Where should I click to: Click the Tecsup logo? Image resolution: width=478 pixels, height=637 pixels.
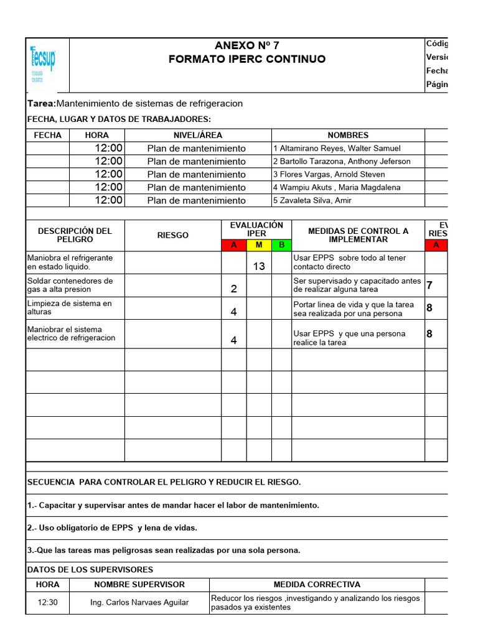pyautogui.click(x=42, y=63)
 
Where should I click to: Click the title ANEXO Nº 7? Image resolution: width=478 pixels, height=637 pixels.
pyautogui.click(x=247, y=45)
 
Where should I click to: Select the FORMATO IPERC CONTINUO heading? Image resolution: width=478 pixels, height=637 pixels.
pyautogui.click(x=247, y=59)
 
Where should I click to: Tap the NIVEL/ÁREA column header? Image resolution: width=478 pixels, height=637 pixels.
pyautogui.click(x=197, y=135)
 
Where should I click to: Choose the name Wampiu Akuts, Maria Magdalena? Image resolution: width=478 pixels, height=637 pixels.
pyautogui.click(x=337, y=187)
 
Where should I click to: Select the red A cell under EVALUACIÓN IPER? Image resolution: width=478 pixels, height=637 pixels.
pyautogui.click(x=234, y=245)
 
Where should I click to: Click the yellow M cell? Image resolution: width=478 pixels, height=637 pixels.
pyautogui.click(x=259, y=245)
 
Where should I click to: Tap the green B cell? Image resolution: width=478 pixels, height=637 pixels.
pyautogui.click(x=281, y=245)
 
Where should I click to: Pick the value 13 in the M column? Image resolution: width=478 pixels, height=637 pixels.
pyautogui.click(x=259, y=266)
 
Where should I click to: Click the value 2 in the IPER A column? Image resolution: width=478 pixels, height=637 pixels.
pyautogui.click(x=234, y=289)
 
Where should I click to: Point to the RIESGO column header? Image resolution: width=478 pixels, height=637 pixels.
pyautogui.click(x=173, y=235)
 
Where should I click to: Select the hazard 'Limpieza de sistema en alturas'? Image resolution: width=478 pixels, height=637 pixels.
pyautogui.click(x=70, y=308)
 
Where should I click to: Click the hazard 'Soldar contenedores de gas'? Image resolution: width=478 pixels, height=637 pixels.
pyautogui.click(x=70, y=285)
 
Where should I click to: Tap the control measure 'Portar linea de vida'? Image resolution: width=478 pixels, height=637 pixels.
pyautogui.click(x=354, y=309)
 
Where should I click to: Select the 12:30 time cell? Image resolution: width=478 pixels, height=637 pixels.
pyautogui.click(x=47, y=602)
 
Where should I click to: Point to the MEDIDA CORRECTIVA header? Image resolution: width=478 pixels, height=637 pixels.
pyautogui.click(x=317, y=585)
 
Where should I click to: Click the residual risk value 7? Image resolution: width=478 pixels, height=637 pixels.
pyautogui.click(x=429, y=286)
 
